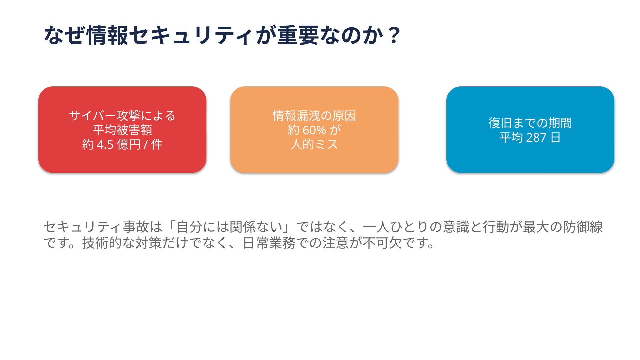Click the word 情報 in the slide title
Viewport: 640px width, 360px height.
tap(107, 35)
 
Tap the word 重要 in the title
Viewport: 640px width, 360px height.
tap(298, 35)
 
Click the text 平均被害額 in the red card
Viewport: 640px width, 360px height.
tap(122, 130)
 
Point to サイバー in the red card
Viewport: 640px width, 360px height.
tap(93, 116)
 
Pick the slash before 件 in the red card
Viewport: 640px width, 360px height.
tap(146, 145)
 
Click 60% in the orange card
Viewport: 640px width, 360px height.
tap(314, 130)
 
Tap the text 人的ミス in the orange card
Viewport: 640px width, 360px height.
tap(314, 145)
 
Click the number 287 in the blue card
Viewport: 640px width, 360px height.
tap(536, 138)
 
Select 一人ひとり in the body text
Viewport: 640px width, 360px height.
tap(396, 227)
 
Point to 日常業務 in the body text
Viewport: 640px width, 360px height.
tap(269, 243)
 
